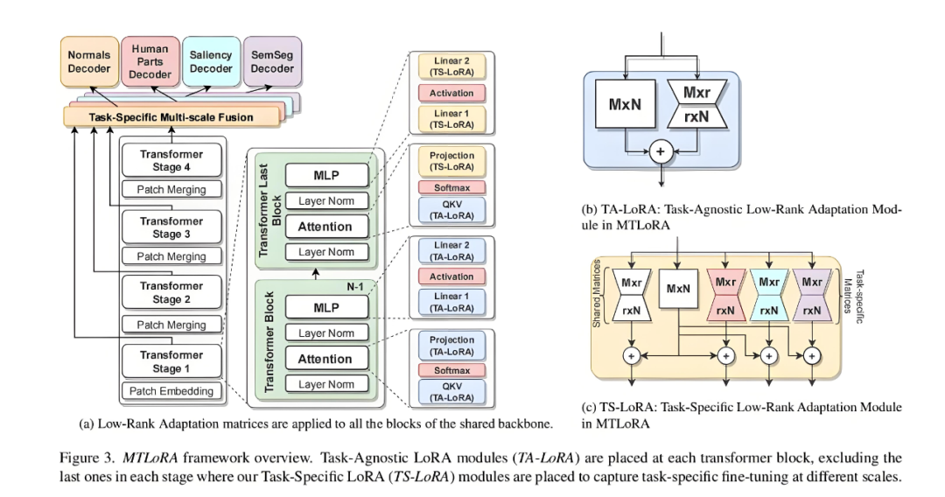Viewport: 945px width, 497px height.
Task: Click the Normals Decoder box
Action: point(89,61)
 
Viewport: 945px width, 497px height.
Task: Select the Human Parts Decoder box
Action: point(150,61)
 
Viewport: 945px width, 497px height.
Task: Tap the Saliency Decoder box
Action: point(211,61)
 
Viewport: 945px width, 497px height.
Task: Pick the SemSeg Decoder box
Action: point(272,61)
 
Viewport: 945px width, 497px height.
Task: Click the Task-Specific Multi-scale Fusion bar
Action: point(171,117)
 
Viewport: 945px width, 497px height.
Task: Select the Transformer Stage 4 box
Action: point(171,161)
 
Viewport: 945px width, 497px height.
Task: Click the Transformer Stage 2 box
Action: point(171,293)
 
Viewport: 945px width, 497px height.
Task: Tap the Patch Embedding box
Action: point(171,391)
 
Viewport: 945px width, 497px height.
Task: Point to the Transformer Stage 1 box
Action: point(171,361)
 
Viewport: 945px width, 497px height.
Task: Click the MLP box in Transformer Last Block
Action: point(326,175)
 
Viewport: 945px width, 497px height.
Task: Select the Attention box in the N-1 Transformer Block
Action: point(326,359)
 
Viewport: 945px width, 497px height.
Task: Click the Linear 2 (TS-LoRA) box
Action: point(451,66)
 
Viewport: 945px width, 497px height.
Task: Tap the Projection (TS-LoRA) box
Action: point(451,161)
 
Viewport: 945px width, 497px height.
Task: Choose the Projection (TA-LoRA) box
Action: point(451,346)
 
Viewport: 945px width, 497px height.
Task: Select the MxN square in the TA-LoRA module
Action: point(625,104)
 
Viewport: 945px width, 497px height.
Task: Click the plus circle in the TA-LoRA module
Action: point(661,151)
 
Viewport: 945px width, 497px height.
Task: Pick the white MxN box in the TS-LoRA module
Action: point(678,289)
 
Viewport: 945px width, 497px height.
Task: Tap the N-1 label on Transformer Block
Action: point(355,287)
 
